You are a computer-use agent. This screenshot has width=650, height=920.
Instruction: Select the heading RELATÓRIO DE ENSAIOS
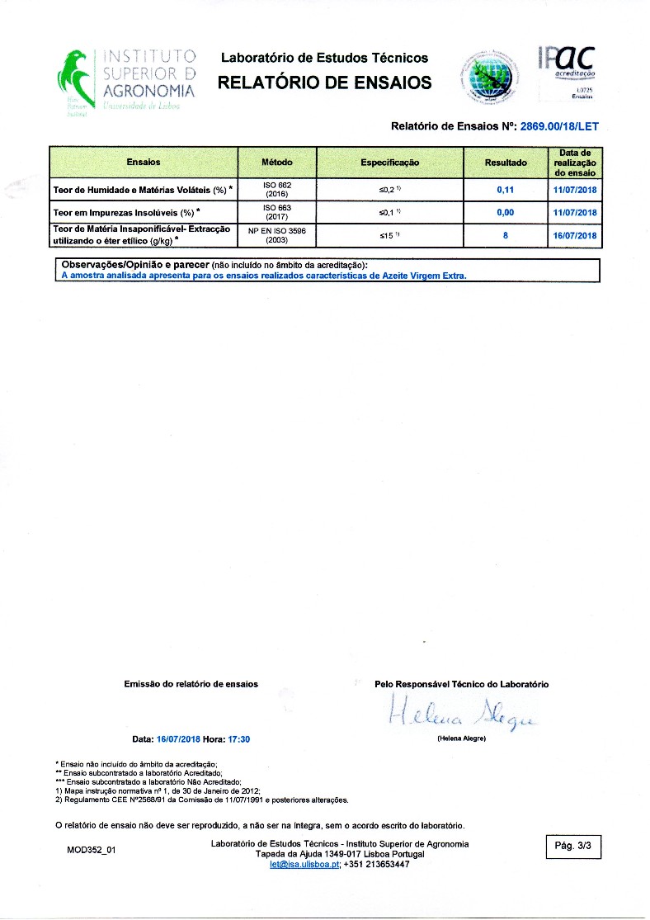click(324, 82)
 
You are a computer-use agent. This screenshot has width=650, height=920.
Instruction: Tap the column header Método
click(276, 163)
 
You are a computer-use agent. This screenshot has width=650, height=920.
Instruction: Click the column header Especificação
click(389, 163)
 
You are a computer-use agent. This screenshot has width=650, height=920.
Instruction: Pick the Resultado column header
click(506, 163)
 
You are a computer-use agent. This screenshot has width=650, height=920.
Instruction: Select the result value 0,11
click(506, 190)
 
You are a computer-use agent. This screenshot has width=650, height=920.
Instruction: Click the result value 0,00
click(506, 213)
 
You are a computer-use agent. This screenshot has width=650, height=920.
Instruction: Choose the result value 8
click(506, 235)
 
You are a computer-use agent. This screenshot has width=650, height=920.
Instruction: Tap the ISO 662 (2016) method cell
click(276, 190)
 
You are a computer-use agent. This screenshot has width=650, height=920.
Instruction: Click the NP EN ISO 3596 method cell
click(276, 235)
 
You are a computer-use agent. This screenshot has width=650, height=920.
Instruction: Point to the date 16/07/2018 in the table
click(575, 235)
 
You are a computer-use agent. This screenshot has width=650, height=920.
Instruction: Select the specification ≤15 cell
click(389, 235)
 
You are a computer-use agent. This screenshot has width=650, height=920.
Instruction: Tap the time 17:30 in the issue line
click(239, 739)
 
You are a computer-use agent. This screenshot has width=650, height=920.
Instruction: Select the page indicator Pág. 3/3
click(573, 846)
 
